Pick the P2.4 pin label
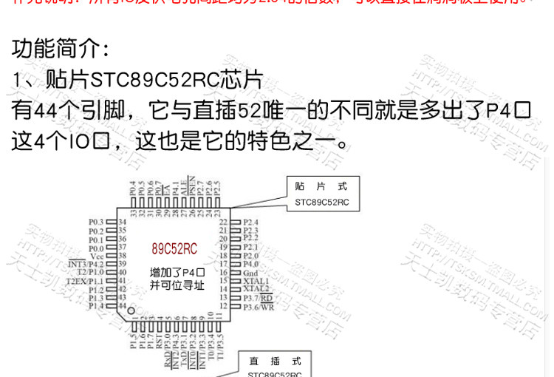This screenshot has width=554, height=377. [x=251, y=222]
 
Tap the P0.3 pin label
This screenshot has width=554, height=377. [x=95, y=222]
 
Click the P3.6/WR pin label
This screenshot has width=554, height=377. [x=259, y=307]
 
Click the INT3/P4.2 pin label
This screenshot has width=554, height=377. [x=86, y=264]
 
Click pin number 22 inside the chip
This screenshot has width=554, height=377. [x=222, y=222]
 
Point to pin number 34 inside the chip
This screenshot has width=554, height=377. [x=123, y=222]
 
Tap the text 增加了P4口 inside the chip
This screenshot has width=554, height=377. [x=177, y=273]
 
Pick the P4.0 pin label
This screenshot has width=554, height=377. [x=251, y=264]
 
